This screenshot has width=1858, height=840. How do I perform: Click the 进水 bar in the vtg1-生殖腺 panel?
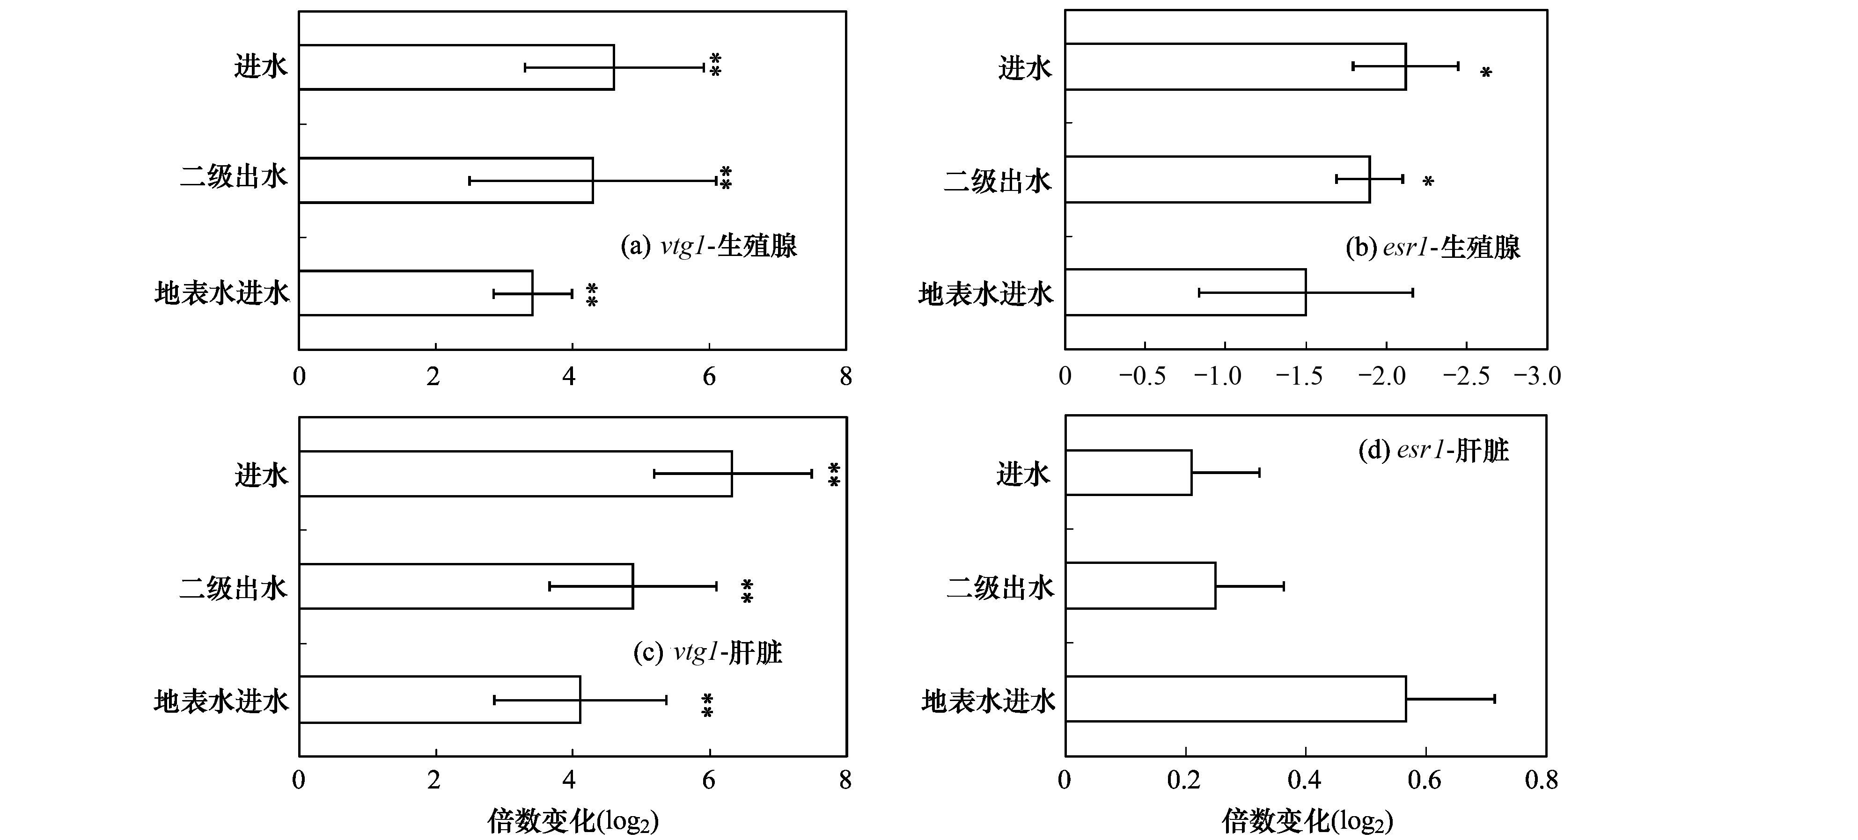point(456,67)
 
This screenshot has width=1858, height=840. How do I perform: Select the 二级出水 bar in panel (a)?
point(446,180)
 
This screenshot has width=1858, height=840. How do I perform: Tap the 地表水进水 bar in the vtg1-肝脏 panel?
point(439,700)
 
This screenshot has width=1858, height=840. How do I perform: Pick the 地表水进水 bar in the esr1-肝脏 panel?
point(1235,699)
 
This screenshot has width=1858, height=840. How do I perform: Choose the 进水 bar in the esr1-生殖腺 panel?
point(1235,66)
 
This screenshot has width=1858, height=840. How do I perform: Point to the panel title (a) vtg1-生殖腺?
point(708,246)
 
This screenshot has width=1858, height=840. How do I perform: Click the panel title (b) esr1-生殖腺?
point(1432,247)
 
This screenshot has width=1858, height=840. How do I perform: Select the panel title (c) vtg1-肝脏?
point(707,652)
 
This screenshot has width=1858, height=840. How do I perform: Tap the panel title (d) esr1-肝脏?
point(1433,451)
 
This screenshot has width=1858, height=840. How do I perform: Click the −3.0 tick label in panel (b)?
point(1536,376)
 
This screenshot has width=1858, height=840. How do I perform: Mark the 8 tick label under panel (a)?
point(845,376)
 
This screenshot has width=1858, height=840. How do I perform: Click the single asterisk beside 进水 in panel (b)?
point(1486,72)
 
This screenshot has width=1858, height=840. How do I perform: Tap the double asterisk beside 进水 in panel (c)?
point(834,475)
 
